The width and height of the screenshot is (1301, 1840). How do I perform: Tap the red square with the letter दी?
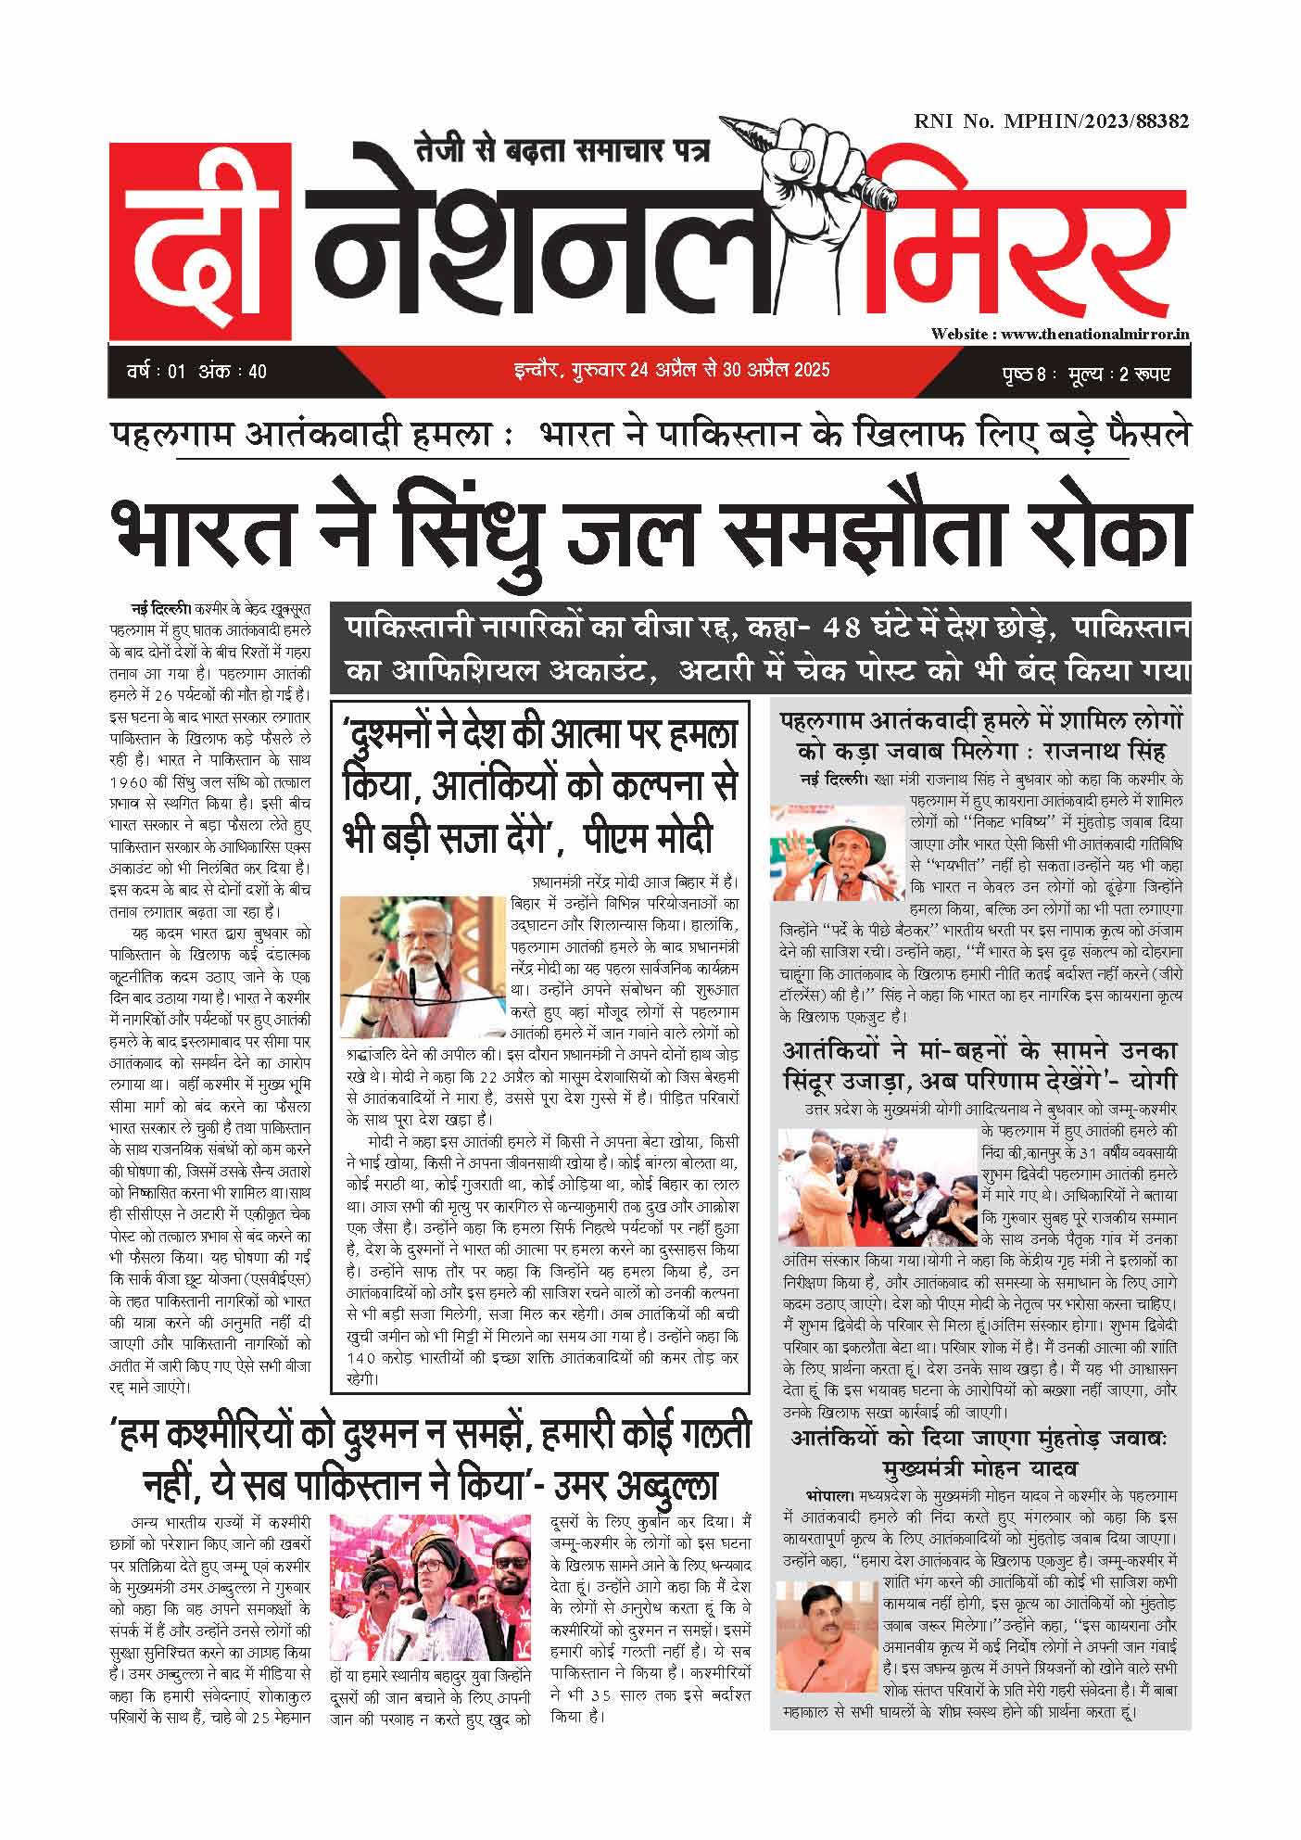tap(200, 241)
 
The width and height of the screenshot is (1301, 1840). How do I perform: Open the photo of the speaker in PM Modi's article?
tap(423, 960)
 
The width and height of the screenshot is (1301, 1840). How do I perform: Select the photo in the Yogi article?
tap(877, 1187)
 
